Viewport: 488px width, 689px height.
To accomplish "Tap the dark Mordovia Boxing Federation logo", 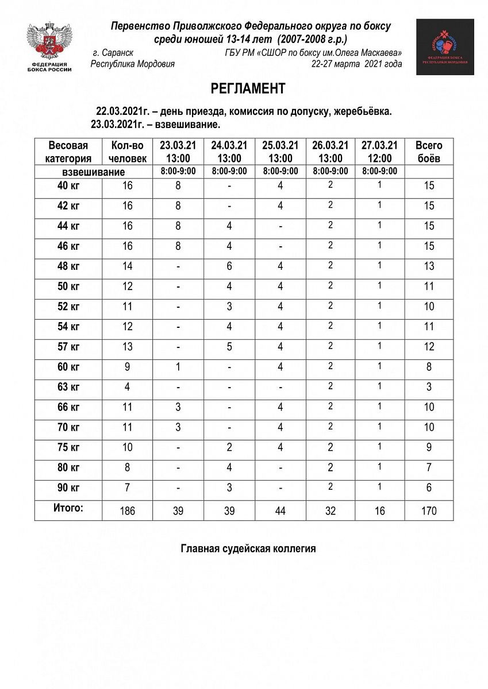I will [445, 47].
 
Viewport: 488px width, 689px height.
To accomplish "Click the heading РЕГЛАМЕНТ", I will [248, 88].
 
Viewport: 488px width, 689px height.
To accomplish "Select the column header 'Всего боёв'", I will [429, 152].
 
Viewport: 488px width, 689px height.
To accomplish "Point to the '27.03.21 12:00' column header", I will [379, 152].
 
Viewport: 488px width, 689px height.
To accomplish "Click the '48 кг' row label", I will [68, 266].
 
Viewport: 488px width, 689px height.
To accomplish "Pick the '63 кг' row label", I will [68, 387].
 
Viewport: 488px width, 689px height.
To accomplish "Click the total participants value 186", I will [127, 510].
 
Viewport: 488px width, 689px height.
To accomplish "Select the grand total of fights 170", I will [429, 510].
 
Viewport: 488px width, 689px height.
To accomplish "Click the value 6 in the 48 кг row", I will [229, 266].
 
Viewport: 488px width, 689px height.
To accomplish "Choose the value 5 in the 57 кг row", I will [229, 347].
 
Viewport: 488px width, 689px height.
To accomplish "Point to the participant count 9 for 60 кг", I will [127, 367].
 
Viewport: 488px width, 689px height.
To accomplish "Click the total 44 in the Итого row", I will [280, 510].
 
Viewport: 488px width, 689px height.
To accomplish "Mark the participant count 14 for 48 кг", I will [127, 266].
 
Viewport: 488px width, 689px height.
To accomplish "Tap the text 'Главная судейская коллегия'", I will [248, 549].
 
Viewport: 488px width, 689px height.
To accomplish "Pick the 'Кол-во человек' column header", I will [127, 152].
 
